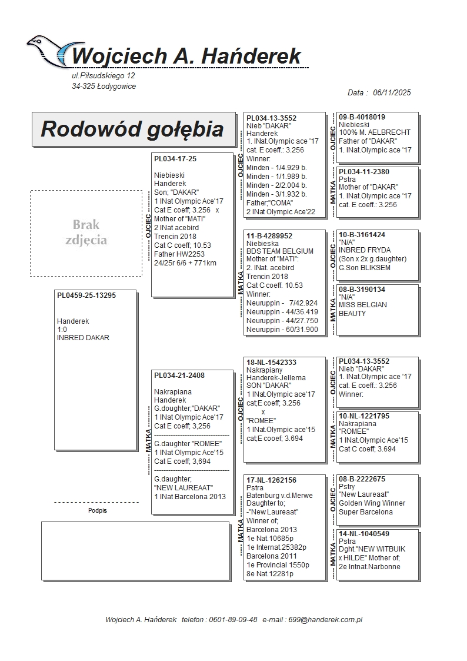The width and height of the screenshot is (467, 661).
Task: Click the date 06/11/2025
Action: (392, 92)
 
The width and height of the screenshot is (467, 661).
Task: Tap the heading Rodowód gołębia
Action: (132, 129)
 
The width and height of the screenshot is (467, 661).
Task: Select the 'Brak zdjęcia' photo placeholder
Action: (86, 233)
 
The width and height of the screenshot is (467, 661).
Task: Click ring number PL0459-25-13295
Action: (86, 295)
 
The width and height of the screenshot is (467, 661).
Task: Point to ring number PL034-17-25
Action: (175, 159)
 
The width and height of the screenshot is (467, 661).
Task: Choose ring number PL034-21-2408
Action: (179, 375)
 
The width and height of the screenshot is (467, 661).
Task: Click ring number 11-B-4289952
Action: (269, 235)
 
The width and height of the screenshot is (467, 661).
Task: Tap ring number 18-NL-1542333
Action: (271, 363)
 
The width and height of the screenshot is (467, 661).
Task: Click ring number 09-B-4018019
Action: (362, 117)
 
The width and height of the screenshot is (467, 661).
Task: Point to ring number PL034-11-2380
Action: (364, 172)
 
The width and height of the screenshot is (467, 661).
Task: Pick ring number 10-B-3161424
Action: (362, 235)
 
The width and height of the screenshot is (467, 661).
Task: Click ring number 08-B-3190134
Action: (362, 290)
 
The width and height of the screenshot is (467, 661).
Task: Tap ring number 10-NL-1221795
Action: (364, 416)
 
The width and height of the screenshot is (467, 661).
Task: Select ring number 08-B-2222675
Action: (362, 479)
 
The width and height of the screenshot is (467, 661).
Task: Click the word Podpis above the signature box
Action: (98, 511)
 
